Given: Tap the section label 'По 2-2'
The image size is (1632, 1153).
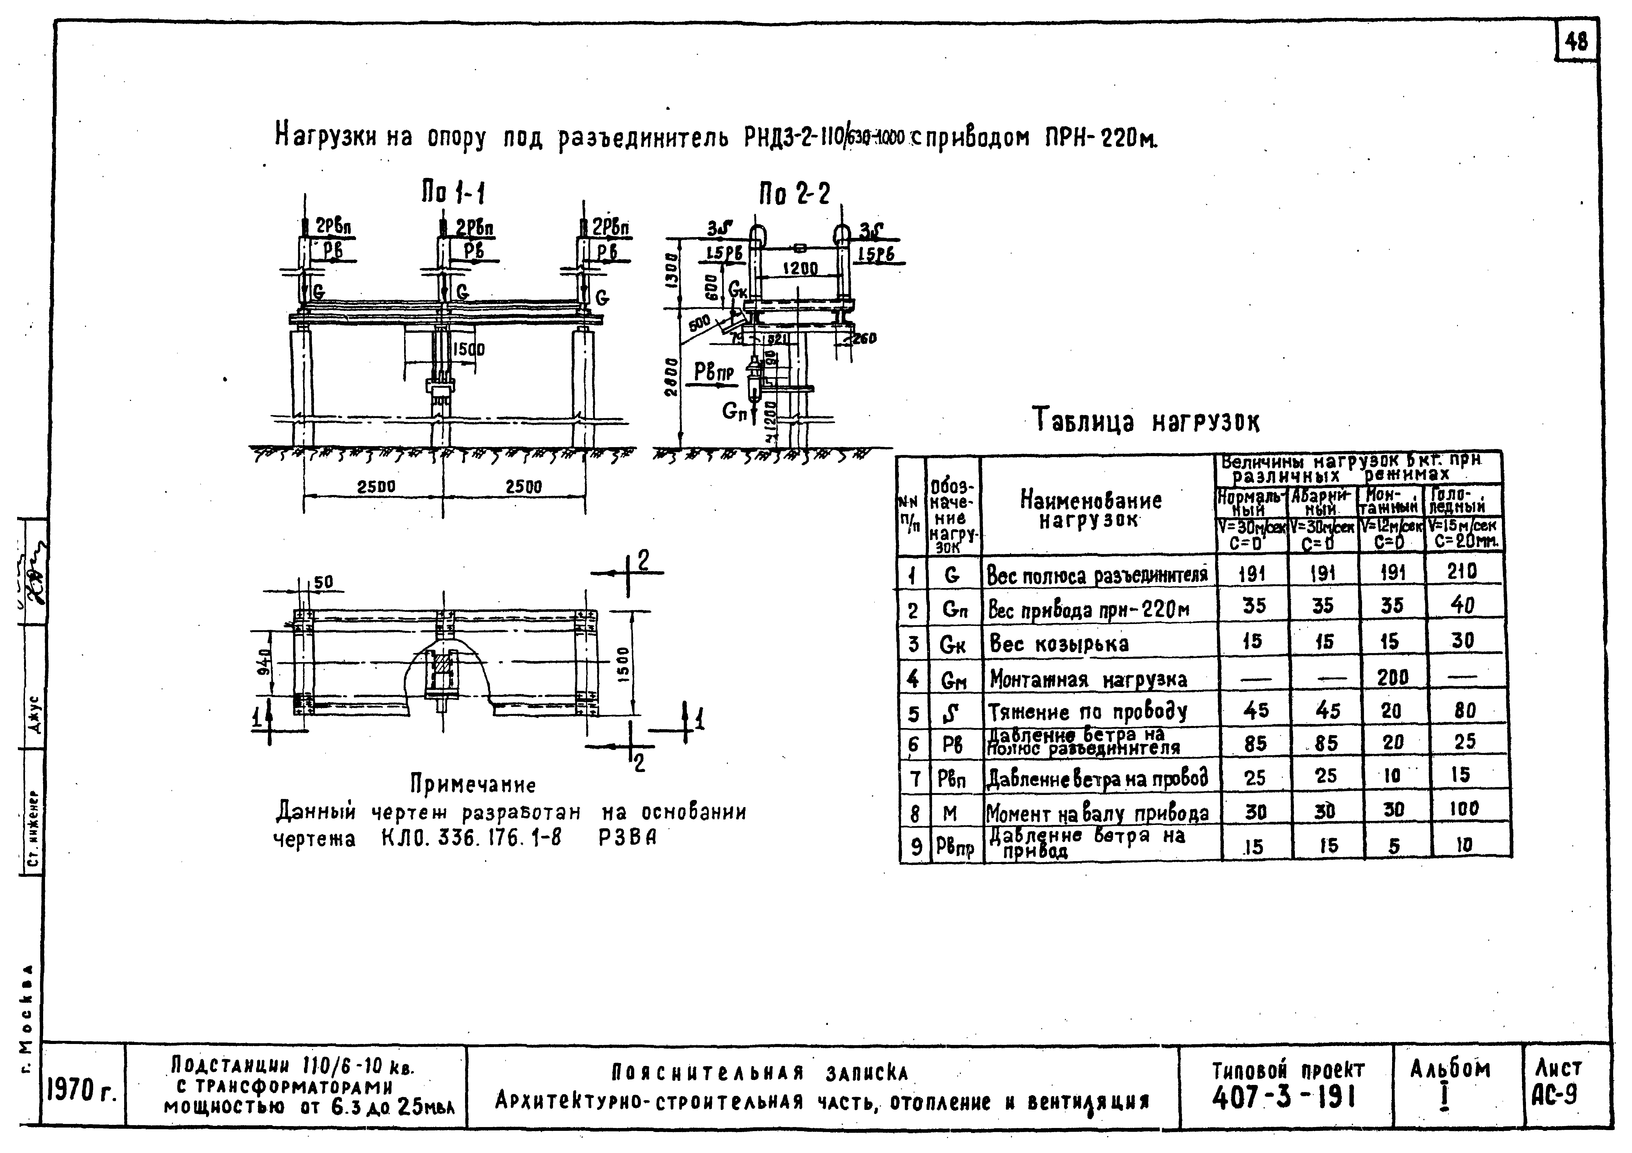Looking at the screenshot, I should click(794, 193).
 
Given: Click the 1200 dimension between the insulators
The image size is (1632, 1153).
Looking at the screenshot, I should click(800, 269).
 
